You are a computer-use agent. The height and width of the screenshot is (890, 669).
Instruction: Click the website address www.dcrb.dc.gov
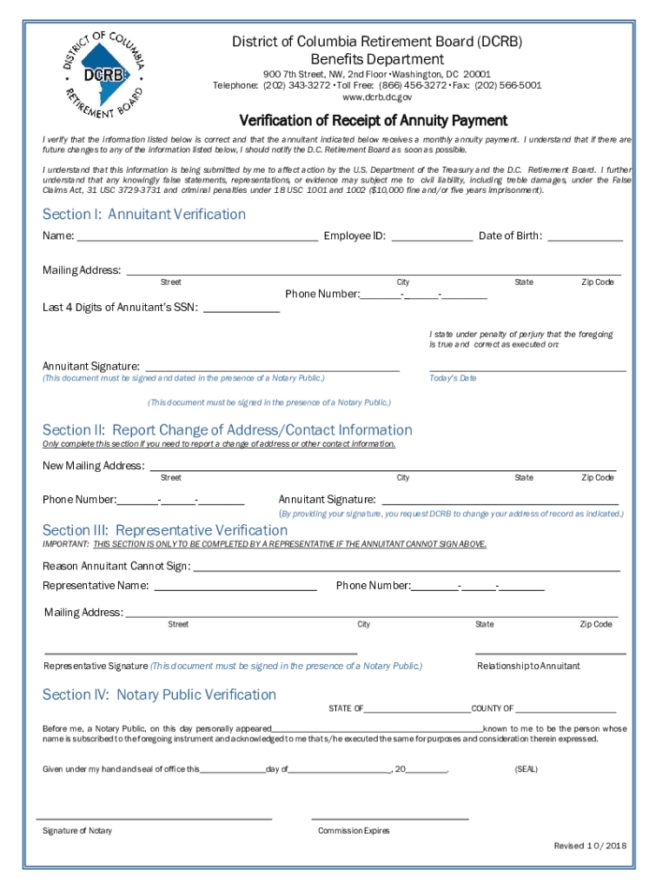[x=377, y=98]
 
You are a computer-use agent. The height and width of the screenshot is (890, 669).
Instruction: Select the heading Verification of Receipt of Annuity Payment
[x=373, y=121]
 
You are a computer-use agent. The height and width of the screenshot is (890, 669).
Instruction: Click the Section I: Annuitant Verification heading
[x=144, y=214]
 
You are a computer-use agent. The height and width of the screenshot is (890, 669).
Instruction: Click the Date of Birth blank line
[x=585, y=236]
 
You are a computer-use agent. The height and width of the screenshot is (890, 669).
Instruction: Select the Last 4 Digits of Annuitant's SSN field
[x=242, y=308]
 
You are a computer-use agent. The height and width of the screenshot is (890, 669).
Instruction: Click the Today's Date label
[x=453, y=378]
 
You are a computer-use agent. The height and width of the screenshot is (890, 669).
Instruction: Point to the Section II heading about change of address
[x=227, y=429]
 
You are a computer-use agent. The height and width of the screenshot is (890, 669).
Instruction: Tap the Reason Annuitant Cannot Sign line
[x=406, y=568]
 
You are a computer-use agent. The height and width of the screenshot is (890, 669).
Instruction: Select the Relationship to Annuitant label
[x=528, y=666]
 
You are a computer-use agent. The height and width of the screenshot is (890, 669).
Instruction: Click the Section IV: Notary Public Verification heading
[x=159, y=694]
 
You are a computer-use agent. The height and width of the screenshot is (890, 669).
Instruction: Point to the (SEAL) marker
[x=527, y=769]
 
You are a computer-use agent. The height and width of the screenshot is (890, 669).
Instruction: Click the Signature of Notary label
[x=77, y=831]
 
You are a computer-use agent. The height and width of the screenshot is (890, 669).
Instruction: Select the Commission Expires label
[x=354, y=831]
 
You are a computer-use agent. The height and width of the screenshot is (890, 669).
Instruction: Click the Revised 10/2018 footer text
[x=590, y=846]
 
